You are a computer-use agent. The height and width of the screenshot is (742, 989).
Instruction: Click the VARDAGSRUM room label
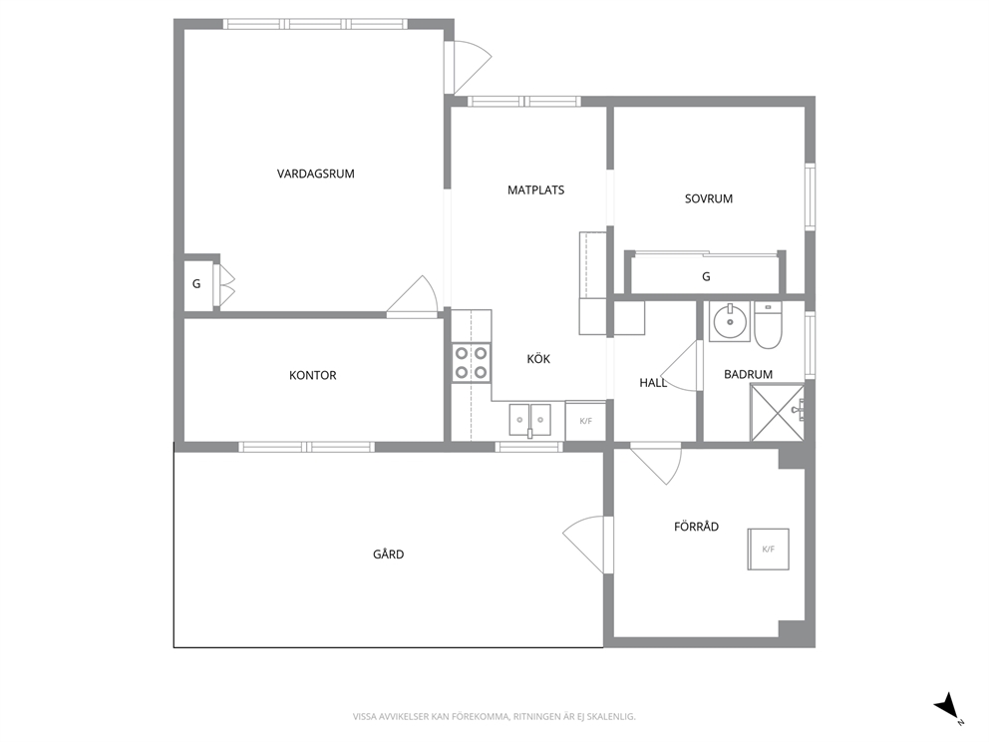pos(315,174)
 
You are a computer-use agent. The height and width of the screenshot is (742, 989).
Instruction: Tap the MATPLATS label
pos(535,189)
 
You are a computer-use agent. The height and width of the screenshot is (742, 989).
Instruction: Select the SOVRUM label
pos(708,198)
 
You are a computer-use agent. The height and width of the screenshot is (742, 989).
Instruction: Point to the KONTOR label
pos(312,375)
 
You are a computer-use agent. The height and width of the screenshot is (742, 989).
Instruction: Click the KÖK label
pos(538,358)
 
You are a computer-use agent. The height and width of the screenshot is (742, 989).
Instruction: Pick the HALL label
pos(652,382)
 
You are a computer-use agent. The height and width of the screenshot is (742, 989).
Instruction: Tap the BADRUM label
pos(748,374)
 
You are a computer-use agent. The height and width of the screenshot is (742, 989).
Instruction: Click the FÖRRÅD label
pos(696,527)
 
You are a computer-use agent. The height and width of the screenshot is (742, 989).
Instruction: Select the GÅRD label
pos(388,554)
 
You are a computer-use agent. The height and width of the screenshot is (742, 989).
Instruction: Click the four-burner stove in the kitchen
pos(472,363)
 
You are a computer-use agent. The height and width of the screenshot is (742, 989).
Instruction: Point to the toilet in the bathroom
pos(768,325)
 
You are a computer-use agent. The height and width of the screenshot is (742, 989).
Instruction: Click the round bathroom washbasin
pos(730,322)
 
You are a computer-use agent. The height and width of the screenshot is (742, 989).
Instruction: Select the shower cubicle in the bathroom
pos(777,412)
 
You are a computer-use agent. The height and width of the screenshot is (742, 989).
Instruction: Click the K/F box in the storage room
pos(769,549)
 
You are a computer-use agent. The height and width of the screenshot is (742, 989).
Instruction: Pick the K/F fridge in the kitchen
pos(586,421)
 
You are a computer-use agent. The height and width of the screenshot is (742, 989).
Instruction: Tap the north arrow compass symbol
pos(948,708)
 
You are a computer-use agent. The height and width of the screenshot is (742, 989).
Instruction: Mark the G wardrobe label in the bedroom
pos(706,276)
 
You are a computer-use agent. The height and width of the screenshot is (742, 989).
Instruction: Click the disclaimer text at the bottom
pos(494,717)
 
